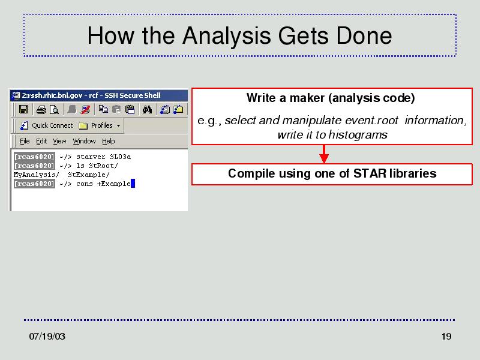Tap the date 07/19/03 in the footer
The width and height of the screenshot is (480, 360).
47,336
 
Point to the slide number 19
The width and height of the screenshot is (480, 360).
446,336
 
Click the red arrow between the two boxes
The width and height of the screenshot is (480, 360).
324,154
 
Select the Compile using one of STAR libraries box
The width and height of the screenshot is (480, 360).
332,174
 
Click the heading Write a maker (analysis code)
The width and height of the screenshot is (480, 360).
331,98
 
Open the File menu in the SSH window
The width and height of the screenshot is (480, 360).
25,141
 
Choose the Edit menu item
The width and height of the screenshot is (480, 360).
41,141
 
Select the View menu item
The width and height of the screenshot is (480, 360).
59,141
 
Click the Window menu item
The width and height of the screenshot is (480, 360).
84,141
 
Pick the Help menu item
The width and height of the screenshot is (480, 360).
109,141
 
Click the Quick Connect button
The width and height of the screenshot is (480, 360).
46,125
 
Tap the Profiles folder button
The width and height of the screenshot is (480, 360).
100,125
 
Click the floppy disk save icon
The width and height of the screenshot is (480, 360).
23,109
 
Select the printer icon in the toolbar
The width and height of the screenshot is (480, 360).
41,110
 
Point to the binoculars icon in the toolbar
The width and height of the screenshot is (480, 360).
147,109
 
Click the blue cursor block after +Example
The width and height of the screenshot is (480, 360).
133,184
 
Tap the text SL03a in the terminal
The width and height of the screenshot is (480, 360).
121,157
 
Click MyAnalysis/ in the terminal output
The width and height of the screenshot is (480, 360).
37,175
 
